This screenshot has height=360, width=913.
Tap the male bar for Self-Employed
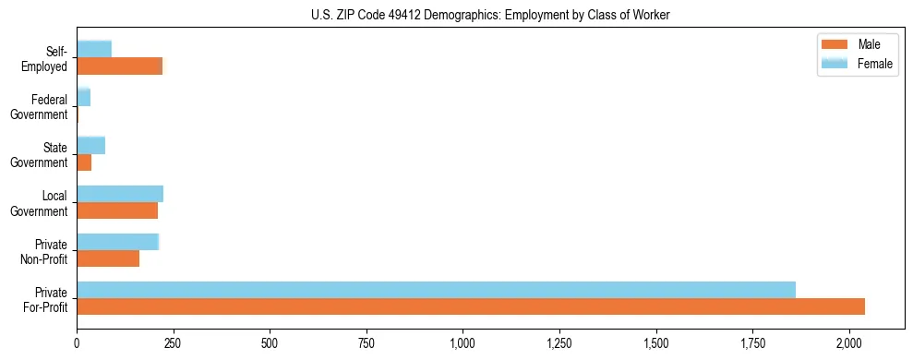tap(119, 66)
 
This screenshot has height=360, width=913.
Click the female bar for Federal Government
tap(83, 98)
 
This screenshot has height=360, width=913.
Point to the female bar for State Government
tap(90, 146)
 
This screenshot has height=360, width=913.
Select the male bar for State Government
tap(84, 162)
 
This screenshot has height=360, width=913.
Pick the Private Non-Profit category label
tap(45, 252)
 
